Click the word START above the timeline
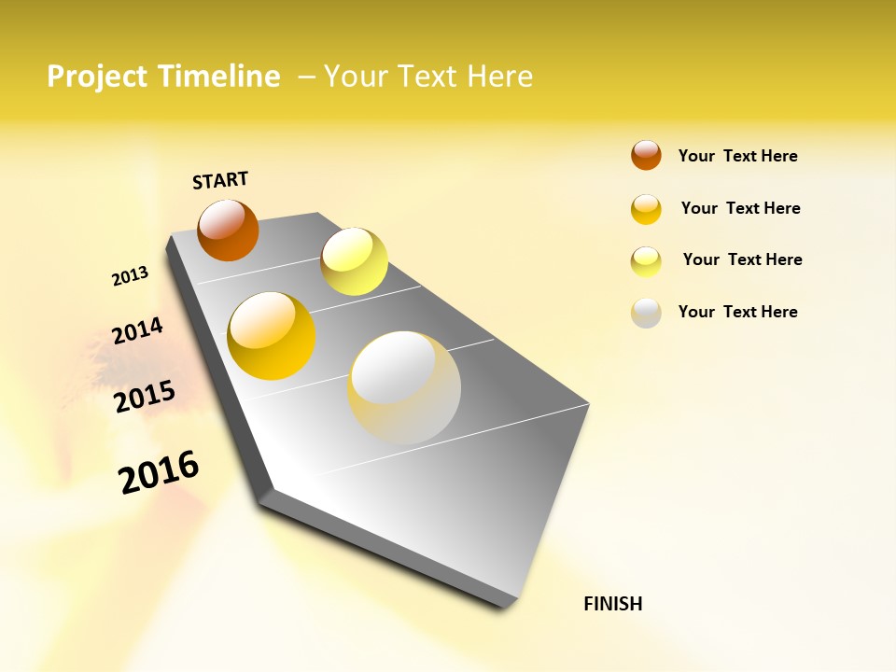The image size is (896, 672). (x=220, y=180)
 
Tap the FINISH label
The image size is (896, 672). (x=612, y=604)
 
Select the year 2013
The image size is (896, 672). (x=130, y=276)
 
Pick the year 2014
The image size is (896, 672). (x=137, y=330)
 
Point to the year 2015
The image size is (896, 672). (x=145, y=397)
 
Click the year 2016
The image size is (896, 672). (x=159, y=471)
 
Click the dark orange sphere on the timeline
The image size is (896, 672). (x=228, y=230)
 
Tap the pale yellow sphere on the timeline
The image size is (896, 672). (x=354, y=261)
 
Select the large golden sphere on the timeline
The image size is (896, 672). (x=272, y=336)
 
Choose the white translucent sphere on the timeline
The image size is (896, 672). (x=404, y=387)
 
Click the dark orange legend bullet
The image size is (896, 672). (x=646, y=155)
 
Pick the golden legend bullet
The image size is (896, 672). (x=646, y=209)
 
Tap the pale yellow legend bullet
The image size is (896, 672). (x=646, y=261)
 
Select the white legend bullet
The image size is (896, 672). (x=646, y=313)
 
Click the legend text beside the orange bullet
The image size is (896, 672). (x=737, y=156)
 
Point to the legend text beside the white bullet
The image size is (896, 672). (x=737, y=312)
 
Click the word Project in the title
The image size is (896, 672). (x=98, y=77)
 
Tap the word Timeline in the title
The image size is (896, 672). (x=219, y=77)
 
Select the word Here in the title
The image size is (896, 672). (x=499, y=77)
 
